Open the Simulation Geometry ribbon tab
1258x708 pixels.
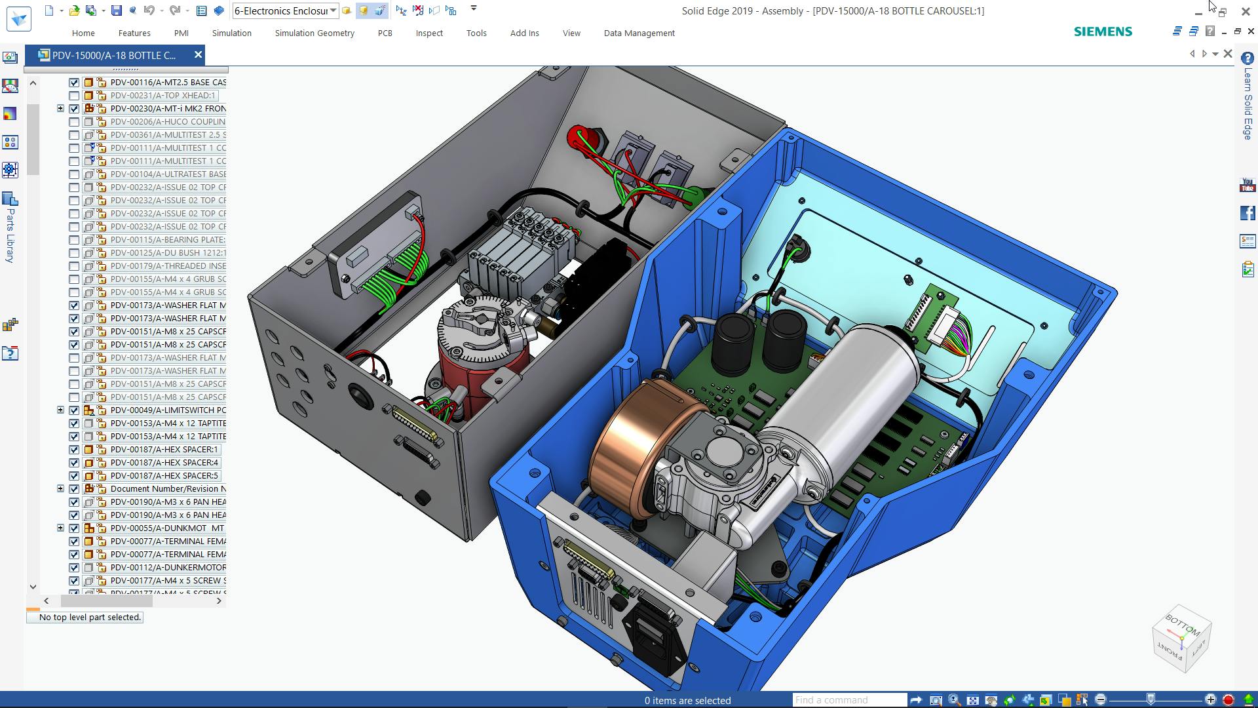tap(314, 33)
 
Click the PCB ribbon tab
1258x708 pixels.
tap(385, 33)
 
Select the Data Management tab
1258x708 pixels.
tap(639, 33)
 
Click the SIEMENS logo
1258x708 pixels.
tap(1103, 31)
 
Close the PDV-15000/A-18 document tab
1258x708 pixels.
tap(198, 55)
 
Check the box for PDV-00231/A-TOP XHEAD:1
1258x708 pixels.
tap(74, 96)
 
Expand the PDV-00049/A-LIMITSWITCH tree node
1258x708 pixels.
tap(60, 410)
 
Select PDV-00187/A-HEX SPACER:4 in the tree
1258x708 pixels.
tap(164, 463)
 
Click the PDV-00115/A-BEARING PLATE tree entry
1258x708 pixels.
tap(168, 240)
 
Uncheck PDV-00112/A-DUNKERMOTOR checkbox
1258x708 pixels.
tap(74, 568)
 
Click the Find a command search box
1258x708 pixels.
tap(848, 700)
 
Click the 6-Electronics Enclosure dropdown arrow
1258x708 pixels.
tap(334, 10)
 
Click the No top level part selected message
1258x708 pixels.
tap(90, 618)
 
